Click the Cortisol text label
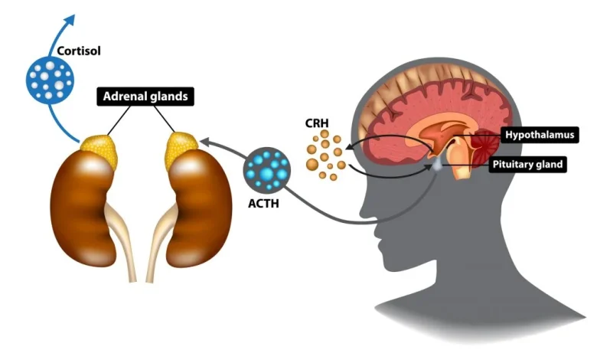coord(80,51)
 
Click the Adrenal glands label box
coord(143,97)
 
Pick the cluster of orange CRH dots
coord(325,155)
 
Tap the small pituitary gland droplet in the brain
coord(436,163)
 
